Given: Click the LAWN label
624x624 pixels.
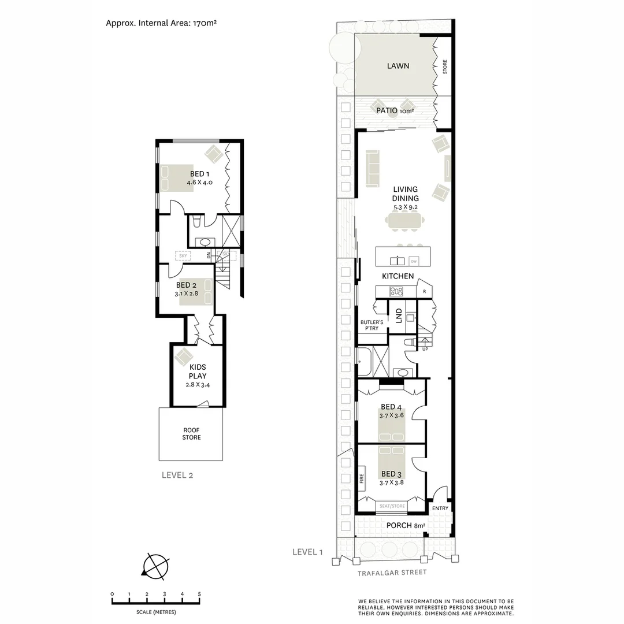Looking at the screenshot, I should tap(398, 66).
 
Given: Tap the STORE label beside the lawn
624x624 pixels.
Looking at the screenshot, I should tap(445, 67).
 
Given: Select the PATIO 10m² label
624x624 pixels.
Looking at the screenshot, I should tap(395, 110).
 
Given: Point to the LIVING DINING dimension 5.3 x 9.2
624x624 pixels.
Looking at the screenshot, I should tap(406, 206).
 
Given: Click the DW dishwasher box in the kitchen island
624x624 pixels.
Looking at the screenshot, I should tap(414, 261).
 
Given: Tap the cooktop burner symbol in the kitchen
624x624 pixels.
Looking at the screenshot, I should tap(396, 291).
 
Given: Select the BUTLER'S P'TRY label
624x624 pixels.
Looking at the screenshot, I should tap(370, 325).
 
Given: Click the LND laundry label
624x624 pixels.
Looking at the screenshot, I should tap(399, 315).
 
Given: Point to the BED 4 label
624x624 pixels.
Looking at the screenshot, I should tap(392, 407).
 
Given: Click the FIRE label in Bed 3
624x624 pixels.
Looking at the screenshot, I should tap(362, 478).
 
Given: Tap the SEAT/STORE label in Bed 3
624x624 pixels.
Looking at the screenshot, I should tap(392, 506).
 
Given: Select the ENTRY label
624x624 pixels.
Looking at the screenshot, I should tap(440, 508).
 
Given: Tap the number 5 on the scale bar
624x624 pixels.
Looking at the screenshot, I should tap(199, 595).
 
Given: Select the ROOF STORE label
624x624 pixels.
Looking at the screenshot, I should tap(191, 434).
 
